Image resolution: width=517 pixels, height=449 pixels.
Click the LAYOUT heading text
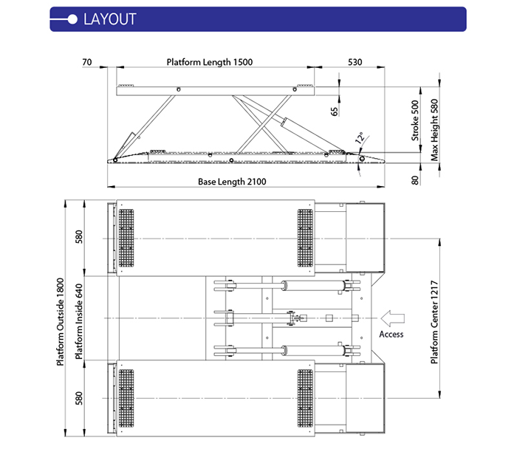click(x=110, y=19)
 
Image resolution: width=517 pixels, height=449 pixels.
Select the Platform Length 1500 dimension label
click(x=210, y=62)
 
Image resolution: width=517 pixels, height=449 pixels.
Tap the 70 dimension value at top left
click(x=87, y=62)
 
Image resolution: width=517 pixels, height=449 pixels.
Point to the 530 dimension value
click(x=355, y=62)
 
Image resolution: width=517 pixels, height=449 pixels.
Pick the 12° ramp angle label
click(x=360, y=138)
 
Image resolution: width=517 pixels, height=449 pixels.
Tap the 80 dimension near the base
click(x=415, y=178)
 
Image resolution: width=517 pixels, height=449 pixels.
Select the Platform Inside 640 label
click(x=80, y=321)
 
